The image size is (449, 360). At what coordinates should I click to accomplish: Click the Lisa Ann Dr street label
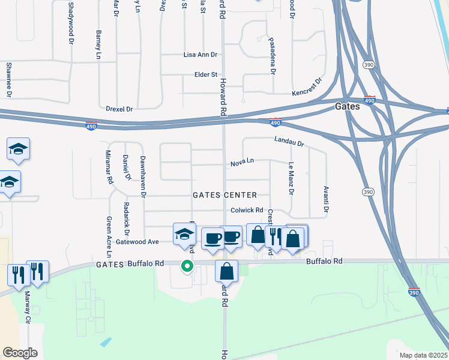click(200, 55)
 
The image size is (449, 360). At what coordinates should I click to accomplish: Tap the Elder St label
click(205, 74)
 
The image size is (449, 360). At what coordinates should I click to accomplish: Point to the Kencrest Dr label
click(307, 88)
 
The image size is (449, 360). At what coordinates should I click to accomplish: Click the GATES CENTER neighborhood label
click(224, 195)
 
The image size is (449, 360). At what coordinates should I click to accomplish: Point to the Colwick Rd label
click(247, 210)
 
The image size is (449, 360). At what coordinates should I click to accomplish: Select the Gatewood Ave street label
click(137, 242)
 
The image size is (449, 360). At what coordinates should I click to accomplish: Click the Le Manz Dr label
click(291, 178)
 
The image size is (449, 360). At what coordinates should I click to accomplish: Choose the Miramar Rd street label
click(109, 167)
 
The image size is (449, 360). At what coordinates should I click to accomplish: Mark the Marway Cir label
click(27, 307)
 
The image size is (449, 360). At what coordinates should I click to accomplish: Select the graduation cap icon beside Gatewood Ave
click(184, 234)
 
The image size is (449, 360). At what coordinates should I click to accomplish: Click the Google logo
click(20, 353)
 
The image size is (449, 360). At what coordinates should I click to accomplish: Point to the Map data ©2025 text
click(423, 355)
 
